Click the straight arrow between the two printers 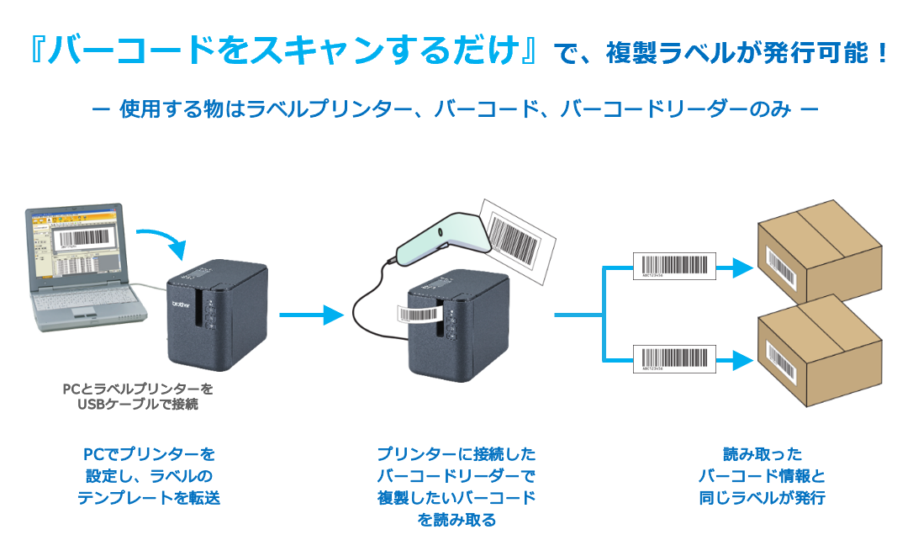click(311, 315)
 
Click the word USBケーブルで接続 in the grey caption click(138, 405)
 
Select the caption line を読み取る click(456, 519)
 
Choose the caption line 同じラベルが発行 click(762, 497)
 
